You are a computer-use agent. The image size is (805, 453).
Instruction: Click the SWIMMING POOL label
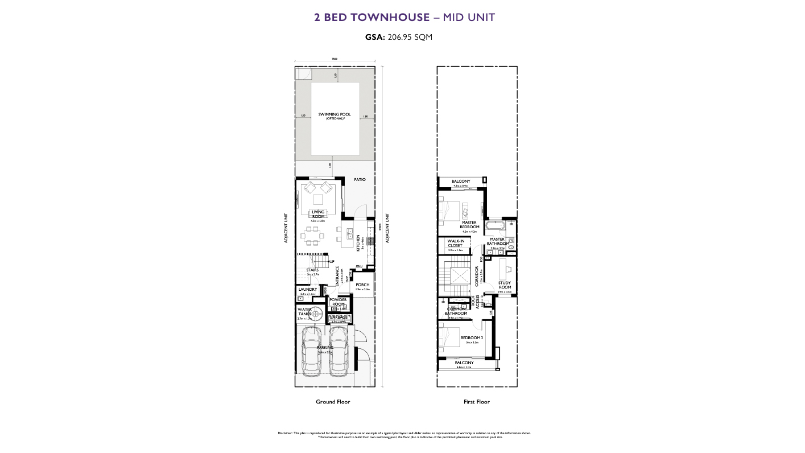tap(335, 114)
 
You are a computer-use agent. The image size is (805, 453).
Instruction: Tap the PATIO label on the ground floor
tap(360, 180)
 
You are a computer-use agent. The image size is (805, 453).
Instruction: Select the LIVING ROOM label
tap(318, 214)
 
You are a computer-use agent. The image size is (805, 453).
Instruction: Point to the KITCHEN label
tap(358, 243)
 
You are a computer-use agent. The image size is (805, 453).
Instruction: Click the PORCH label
tap(362, 285)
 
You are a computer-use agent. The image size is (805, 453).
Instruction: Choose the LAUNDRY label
tap(307, 289)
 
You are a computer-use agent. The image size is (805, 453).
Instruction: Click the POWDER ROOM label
tap(338, 302)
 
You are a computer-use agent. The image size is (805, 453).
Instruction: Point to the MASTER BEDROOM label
tap(469, 225)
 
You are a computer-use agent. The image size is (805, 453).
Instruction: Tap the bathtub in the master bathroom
tap(497, 225)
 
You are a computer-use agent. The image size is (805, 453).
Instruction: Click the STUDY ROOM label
tap(505, 284)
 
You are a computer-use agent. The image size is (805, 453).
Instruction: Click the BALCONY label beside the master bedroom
tap(460, 182)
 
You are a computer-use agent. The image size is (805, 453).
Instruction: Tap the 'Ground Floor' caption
tap(333, 402)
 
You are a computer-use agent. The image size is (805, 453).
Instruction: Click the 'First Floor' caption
tap(477, 402)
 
